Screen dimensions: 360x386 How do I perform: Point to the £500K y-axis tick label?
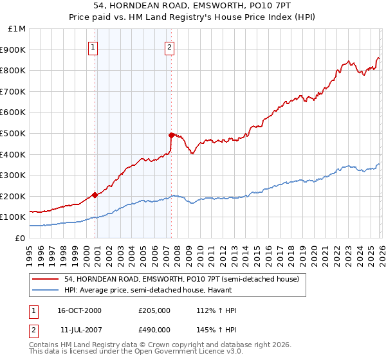click(x=14, y=134)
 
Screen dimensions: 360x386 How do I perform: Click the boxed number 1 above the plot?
click(x=93, y=46)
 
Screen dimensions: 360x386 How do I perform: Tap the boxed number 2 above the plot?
click(x=169, y=46)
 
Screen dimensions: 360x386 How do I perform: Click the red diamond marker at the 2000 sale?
click(x=95, y=195)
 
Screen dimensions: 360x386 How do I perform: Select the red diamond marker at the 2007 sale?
click(x=171, y=135)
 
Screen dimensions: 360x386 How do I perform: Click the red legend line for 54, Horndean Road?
click(x=46, y=280)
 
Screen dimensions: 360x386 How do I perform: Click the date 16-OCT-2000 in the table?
click(x=80, y=310)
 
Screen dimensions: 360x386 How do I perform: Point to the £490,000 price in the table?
click(x=154, y=329)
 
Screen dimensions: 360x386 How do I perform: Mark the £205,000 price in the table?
click(x=154, y=310)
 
